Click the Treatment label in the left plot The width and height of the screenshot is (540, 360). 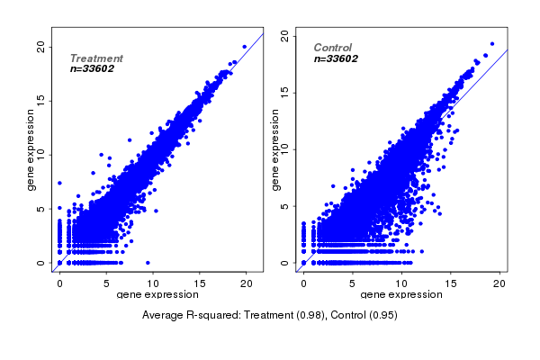(96, 58)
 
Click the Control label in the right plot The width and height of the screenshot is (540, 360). (333, 48)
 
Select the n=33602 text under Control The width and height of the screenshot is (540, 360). (337, 58)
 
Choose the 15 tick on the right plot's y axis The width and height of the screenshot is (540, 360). (286, 90)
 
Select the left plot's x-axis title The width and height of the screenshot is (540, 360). (157, 294)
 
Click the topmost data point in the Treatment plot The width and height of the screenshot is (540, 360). (244, 46)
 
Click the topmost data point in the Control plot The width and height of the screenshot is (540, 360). (492, 43)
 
